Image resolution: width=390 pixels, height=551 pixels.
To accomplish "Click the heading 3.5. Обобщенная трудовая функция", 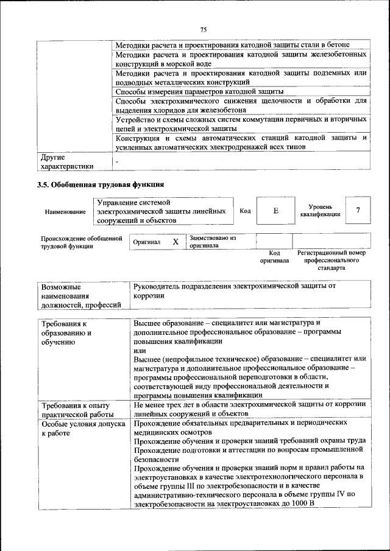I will tap(101, 184).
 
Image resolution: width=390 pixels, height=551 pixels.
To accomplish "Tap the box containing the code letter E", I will tap(275, 211).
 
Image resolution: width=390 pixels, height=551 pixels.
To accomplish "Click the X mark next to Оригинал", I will tap(175, 242).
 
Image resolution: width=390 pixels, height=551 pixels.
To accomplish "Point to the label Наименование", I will tap(65, 211).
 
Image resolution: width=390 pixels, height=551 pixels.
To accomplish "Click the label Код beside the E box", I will tap(245, 211).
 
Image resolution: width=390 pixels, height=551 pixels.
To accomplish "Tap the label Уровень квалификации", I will tap(316, 211).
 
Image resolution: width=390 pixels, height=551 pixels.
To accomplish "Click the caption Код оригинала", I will tap(274, 256).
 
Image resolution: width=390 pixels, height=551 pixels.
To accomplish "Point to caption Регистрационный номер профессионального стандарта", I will tap(331, 260).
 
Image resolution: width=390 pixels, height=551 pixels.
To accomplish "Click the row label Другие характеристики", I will tap(67, 161).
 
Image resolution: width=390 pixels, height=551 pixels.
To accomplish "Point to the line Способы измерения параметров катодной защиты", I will tap(195, 91).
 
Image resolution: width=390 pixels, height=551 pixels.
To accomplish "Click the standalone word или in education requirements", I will tap(140, 351).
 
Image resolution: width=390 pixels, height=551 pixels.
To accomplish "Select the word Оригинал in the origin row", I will tap(147, 242).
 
